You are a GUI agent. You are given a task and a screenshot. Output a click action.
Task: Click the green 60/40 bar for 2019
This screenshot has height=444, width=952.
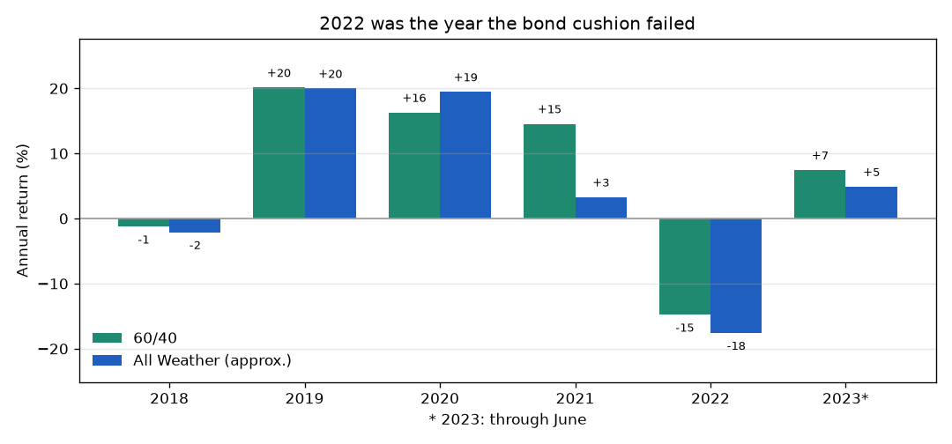279,153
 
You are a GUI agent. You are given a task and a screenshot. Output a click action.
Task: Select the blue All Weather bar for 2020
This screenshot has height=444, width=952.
465,155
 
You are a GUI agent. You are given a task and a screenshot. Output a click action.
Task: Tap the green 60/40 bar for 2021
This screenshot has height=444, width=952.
549,171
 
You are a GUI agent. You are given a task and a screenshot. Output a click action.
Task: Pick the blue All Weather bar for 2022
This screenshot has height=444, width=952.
736,276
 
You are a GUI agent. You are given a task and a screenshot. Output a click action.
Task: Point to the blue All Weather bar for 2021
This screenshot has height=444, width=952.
601,207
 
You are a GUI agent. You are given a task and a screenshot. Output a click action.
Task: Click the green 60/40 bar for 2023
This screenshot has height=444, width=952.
820,194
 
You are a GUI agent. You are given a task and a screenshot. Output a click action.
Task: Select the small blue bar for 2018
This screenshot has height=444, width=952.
194,226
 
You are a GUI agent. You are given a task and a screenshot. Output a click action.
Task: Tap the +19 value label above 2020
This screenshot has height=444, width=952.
465,78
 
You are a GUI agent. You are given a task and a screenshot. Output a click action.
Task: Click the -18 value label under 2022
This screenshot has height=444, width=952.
736,346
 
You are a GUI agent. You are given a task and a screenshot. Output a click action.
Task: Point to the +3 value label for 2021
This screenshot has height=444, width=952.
601,182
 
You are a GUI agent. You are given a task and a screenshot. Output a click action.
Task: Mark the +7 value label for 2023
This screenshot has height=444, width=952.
820,156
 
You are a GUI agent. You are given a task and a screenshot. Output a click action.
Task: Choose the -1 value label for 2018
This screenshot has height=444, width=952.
144,240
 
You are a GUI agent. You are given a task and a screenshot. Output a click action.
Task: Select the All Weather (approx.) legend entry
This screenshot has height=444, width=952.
192,360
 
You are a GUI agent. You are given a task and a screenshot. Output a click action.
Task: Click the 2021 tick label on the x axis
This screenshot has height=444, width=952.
575,400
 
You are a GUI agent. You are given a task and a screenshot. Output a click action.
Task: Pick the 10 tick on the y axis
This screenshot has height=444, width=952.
63,154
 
